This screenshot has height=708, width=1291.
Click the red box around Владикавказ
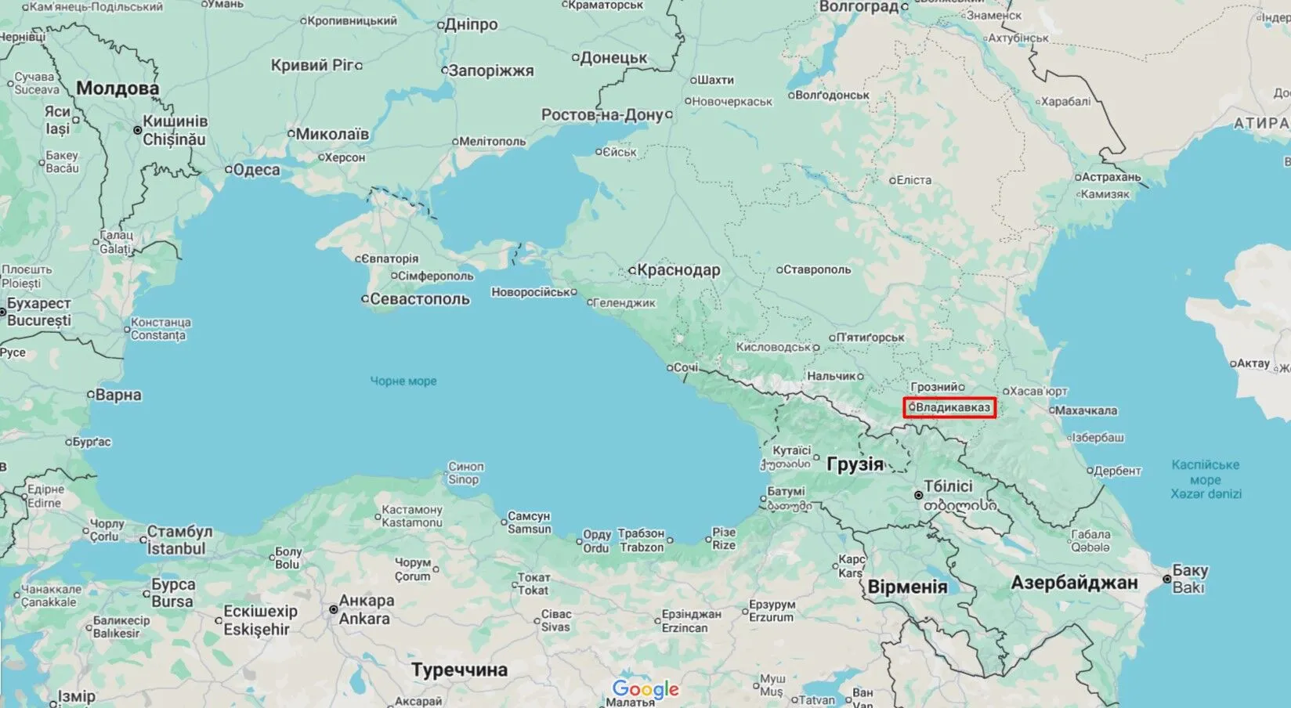pyautogui.click(x=949, y=407)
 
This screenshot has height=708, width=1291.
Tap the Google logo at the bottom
pyautogui.click(x=645, y=689)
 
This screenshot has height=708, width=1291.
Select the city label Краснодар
pyautogui.click(x=678, y=270)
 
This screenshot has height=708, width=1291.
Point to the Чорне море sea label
pyautogui.click(x=403, y=381)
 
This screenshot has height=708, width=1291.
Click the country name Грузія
pyautogui.click(x=855, y=464)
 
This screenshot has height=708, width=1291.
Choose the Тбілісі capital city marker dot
pyautogui.click(x=919, y=496)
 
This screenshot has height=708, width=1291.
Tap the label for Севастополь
pyautogui.click(x=419, y=299)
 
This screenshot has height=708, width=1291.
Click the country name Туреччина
pyautogui.click(x=460, y=670)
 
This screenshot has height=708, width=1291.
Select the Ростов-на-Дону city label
pyautogui.click(x=602, y=115)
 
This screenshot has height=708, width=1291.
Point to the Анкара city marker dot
pyautogui.click(x=333, y=609)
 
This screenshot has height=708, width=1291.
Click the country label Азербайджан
pyautogui.click(x=1073, y=583)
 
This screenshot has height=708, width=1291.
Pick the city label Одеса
pyautogui.click(x=256, y=170)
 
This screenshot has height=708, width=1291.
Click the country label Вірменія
pyautogui.click(x=907, y=587)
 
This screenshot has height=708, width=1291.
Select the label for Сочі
pyautogui.click(x=685, y=367)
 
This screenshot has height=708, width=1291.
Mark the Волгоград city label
pyautogui.click(x=859, y=7)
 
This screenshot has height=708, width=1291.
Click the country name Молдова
pyautogui.click(x=118, y=88)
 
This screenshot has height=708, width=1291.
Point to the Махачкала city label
pyautogui.click(x=1086, y=410)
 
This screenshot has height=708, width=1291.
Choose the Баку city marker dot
pyautogui.click(x=1167, y=579)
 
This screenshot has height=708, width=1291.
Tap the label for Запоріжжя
pyautogui.click(x=490, y=71)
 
